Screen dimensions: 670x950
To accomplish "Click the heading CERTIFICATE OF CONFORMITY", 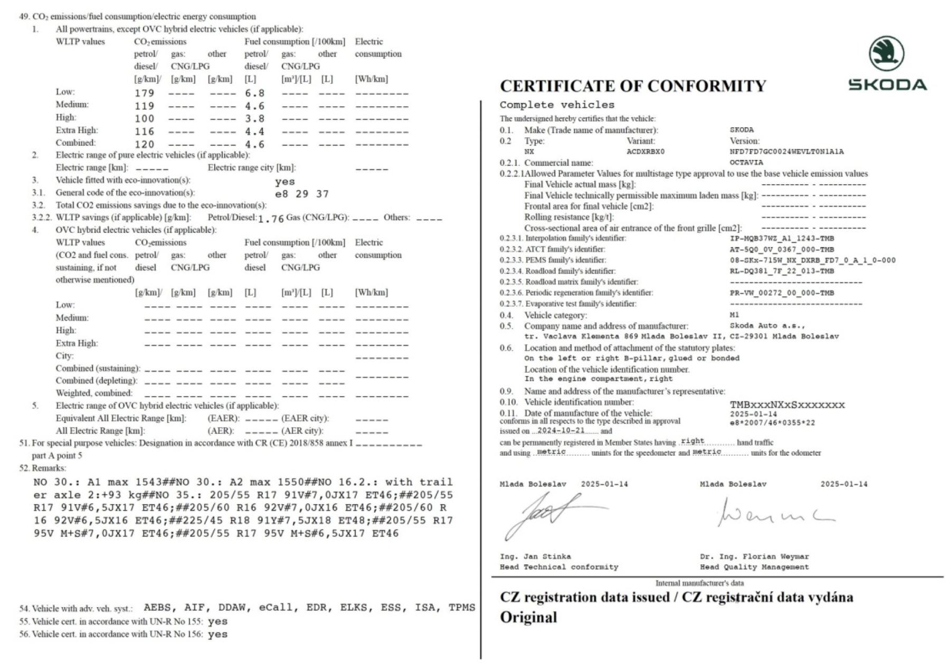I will point(632,86).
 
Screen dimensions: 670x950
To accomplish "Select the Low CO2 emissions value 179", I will point(144,93).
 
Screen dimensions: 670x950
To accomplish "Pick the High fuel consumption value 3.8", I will point(254,119).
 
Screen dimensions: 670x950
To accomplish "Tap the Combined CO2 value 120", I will point(144,144).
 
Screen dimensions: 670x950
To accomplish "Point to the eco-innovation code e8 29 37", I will point(302,194).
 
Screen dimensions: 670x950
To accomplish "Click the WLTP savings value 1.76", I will point(271,219).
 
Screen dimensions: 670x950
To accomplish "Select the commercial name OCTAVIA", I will point(746,163).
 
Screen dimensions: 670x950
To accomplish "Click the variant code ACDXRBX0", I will point(645,152).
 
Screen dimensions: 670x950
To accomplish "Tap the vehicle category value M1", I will point(734,315).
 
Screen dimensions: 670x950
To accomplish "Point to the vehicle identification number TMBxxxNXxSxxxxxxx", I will point(787,405).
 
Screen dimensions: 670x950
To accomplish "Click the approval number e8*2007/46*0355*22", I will point(772,423).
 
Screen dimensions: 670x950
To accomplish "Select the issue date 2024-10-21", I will point(560,431).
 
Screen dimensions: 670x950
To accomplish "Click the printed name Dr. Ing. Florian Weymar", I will point(754,556).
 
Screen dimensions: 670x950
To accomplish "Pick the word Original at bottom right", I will point(528,617).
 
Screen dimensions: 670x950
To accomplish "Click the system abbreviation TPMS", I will point(461,608).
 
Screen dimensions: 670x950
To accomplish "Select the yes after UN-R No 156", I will point(217,635).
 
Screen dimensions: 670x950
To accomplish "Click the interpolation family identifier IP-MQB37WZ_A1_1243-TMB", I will point(782,238).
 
